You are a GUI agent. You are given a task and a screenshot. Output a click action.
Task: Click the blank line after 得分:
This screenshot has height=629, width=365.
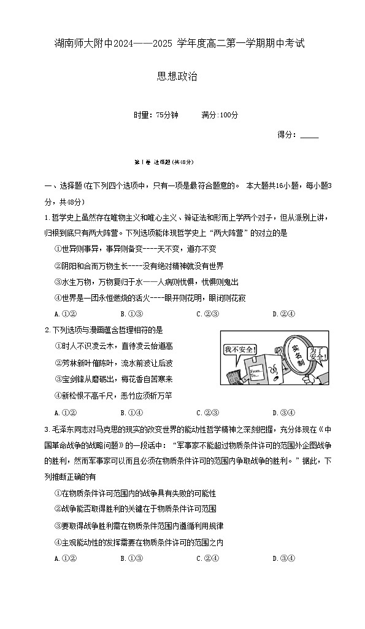point(310,136)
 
